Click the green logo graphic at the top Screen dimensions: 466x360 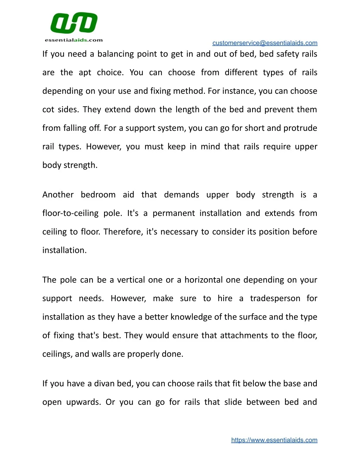[x=74, y=23]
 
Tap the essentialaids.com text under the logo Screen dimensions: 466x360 [x=74, y=40]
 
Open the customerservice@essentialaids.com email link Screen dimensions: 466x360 [x=265, y=43]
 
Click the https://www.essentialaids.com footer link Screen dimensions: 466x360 [x=274, y=440]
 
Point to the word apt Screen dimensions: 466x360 [x=85, y=73]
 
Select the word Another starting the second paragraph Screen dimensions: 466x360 [x=58, y=195]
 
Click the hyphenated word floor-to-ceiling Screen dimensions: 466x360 [x=70, y=213]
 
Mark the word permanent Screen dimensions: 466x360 [x=174, y=213]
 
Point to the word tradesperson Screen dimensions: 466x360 [x=275, y=299]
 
